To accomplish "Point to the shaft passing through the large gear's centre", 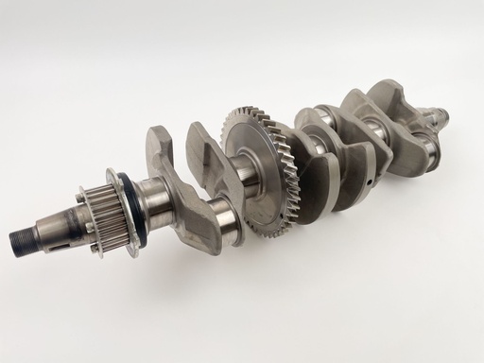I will point(250,176).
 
